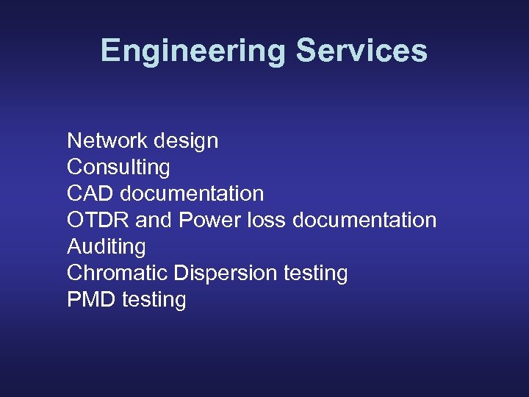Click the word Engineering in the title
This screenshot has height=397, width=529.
(x=193, y=51)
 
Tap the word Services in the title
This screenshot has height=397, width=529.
(x=361, y=51)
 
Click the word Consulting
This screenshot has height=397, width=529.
(x=118, y=168)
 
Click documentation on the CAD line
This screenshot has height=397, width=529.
(x=192, y=193)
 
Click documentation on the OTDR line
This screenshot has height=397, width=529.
(x=364, y=220)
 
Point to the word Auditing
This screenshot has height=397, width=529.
(x=107, y=247)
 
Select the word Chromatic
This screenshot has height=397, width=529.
(x=118, y=273)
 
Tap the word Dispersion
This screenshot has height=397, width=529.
(x=226, y=273)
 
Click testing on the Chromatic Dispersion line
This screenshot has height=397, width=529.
(x=315, y=273)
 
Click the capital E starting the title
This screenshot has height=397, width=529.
(x=109, y=51)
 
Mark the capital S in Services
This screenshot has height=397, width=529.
(x=306, y=51)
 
